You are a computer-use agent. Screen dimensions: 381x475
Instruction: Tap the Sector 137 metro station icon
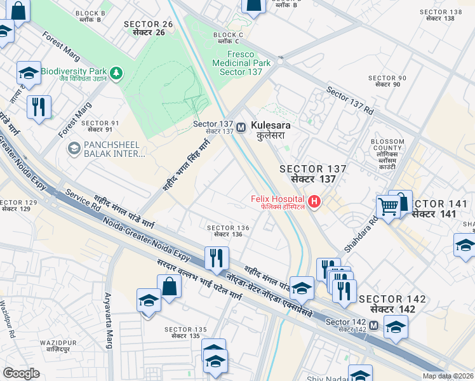click(x=241, y=128)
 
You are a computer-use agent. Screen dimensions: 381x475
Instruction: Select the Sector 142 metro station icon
click(x=374, y=326)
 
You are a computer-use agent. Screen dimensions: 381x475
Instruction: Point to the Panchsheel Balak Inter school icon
click(x=74, y=149)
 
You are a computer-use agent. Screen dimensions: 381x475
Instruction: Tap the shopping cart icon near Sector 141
click(x=388, y=206)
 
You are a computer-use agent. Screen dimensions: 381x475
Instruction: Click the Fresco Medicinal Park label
click(x=244, y=63)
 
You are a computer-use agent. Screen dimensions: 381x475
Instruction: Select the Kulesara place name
click(x=271, y=130)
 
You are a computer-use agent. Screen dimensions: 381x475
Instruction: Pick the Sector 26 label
click(x=149, y=28)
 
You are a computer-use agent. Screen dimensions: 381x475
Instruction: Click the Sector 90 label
click(x=387, y=81)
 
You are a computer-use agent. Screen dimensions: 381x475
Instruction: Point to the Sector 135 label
click(x=185, y=333)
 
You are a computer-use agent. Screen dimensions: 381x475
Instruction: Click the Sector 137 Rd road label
click(x=349, y=100)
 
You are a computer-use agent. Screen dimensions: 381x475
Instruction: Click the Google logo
click(x=21, y=373)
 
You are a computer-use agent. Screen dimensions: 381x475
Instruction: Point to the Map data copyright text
click(x=448, y=376)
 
